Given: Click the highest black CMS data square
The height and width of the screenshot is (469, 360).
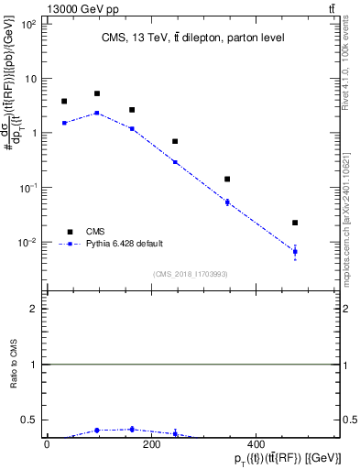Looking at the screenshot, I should click(97, 93).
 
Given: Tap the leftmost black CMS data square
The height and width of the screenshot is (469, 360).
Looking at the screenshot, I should click(64, 102).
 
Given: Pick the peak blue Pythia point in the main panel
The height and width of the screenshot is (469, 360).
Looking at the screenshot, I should click(97, 113).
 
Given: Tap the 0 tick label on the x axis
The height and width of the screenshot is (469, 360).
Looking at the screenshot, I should click(47, 445).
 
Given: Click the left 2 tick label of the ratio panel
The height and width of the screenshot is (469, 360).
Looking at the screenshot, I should click(34, 309).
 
